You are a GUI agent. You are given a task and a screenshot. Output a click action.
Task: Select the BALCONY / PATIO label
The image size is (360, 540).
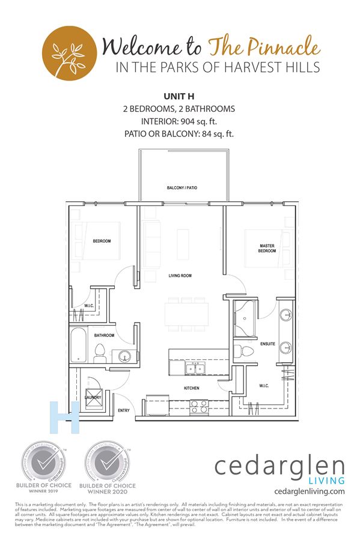(x=182, y=188)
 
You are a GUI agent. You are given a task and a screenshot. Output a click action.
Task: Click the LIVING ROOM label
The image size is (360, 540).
(x=180, y=276)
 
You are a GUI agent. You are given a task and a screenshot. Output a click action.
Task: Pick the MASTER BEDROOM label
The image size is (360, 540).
(x=267, y=248)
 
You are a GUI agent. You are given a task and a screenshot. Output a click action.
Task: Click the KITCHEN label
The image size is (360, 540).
(x=191, y=388)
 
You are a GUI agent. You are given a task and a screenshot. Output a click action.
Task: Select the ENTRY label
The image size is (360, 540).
(x=124, y=410)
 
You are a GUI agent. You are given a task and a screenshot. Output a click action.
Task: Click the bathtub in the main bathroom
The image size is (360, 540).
(x=78, y=346)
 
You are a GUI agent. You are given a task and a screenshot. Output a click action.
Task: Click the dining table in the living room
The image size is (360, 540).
(x=187, y=312)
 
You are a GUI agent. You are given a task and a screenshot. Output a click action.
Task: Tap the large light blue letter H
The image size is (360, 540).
(x=65, y=417)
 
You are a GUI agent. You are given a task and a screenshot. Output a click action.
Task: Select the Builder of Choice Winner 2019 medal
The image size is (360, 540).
(x=44, y=463)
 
